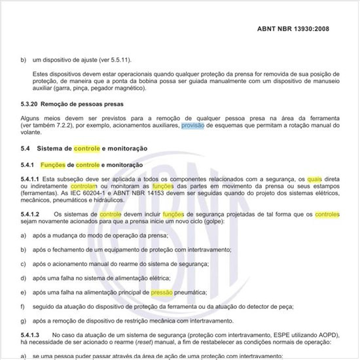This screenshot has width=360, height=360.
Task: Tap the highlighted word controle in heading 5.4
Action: point(86,149)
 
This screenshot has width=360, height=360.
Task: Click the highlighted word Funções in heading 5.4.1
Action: point(52,165)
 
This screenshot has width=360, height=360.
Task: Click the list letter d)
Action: point(23,278)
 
